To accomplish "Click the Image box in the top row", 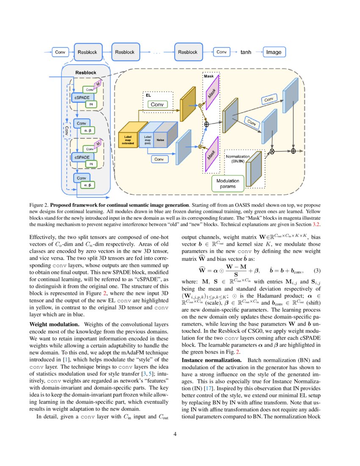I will click(274, 52).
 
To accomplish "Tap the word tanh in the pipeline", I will click(246, 52).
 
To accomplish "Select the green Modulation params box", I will click(227, 183).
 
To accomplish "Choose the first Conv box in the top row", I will click(60, 52).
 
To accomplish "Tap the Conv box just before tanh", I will click(221, 52).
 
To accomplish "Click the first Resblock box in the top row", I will click(87, 52).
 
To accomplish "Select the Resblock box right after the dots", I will click(188, 52).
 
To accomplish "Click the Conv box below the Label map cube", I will click(159, 159).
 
